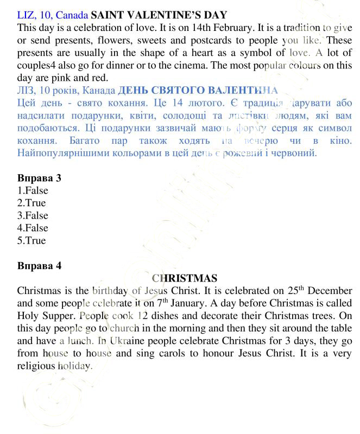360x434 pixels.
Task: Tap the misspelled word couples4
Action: pyautogui.click(x=37, y=65)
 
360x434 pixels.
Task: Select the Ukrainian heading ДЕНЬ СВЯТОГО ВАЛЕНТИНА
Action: pyautogui.click(x=198, y=90)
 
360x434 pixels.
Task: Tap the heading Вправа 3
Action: pyautogui.click(x=39, y=178)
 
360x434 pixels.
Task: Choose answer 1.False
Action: pyautogui.click(x=33, y=190)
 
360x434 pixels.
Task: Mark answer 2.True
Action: pyautogui.click(x=31, y=203)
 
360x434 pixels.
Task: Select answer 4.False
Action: pyautogui.click(x=33, y=228)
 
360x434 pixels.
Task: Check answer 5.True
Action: pyautogui.click(x=31, y=240)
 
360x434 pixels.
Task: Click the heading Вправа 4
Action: pyautogui.click(x=39, y=266)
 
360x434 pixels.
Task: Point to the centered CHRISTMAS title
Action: pyautogui.click(x=185, y=278)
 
